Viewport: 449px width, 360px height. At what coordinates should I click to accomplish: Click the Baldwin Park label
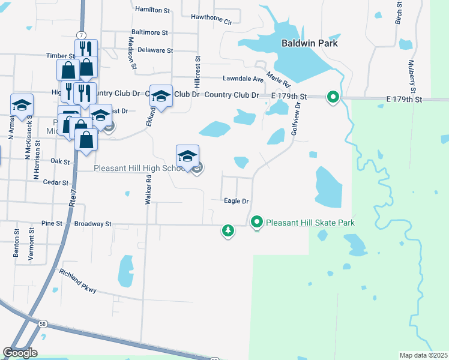pyautogui.click(x=310, y=43)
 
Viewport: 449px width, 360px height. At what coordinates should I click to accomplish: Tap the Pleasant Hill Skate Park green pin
pyautogui.click(x=257, y=223)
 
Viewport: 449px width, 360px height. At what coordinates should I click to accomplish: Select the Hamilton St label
pyautogui.click(x=153, y=10)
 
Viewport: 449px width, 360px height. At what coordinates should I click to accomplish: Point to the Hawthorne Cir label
pyautogui.click(x=211, y=18)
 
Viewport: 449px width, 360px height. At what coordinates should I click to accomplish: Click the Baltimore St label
pyautogui.click(x=149, y=32)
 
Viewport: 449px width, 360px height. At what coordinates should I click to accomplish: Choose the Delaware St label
pyautogui.click(x=155, y=51)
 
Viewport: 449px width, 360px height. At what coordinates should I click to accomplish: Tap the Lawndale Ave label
pyautogui.click(x=243, y=79)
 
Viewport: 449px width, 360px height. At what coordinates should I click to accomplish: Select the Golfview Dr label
pyautogui.click(x=295, y=118)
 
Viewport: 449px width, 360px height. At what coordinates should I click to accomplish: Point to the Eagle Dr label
pyautogui.click(x=236, y=201)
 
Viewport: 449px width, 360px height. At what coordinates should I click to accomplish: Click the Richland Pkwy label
pyautogui.click(x=77, y=281)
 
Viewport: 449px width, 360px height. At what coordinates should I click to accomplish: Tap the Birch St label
pyautogui.click(x=398, y=13)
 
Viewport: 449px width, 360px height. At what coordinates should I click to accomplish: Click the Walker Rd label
pyautogui.click(x=148, y=190)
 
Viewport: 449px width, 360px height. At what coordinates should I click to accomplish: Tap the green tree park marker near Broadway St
pyautogui.click(x=228, y=230)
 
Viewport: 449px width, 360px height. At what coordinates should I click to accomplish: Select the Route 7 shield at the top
pyautogui.click(x=80, y=35)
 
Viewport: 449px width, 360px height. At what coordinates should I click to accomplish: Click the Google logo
pyautogui.click(x=20, y=353)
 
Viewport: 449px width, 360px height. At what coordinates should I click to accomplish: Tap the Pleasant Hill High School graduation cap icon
pyautogui.click(x=187, y=156)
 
